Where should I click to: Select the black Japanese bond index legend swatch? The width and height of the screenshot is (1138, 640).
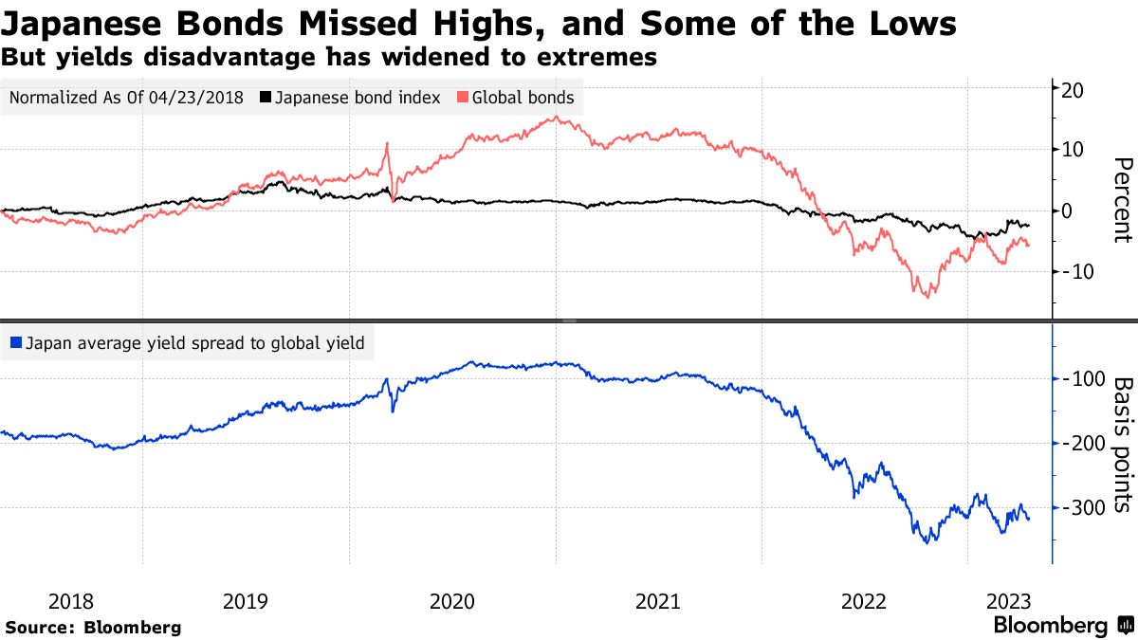266,98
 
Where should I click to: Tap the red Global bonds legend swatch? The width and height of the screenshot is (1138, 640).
463,98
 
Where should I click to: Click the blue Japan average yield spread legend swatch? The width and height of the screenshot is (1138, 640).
16,344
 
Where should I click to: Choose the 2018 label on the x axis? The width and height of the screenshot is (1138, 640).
71,600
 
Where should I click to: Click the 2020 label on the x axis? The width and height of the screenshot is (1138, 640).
452,600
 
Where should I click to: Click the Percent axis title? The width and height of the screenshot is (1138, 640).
1122,201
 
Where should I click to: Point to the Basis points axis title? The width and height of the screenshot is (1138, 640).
1122,446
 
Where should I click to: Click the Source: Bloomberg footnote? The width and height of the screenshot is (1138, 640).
93,627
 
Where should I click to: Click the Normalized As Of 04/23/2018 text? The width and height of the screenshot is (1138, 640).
127,98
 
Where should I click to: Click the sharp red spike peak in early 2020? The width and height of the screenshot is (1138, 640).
388,144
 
